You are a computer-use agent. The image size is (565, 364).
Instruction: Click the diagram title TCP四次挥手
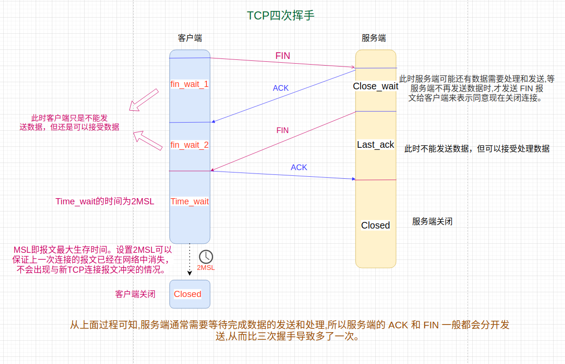(281, 16)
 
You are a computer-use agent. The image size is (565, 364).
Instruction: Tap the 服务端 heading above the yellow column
(374, 38)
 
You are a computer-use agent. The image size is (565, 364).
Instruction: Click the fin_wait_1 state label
(189, 84)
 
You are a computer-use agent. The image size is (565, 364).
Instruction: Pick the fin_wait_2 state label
(189, 145)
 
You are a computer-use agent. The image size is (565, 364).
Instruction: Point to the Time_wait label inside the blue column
(189, 201)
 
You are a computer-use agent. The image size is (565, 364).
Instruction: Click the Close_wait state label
(376, 86)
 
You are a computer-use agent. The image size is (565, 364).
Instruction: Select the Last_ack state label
(376, 144)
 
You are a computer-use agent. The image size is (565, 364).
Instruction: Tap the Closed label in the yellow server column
(375, 225)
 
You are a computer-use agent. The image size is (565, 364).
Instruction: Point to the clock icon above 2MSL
(206, 257)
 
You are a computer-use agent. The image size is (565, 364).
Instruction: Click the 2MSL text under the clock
(206, 268)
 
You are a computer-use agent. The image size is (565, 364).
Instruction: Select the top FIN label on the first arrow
(282, 56)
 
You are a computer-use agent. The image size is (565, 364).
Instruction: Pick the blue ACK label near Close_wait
(281, 88)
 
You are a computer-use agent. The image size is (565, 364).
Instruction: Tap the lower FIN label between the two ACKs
(282, 130)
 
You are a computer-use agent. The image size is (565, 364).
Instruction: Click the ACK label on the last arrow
(299, 167)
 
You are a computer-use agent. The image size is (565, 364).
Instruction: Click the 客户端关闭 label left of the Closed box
(135, 294)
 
